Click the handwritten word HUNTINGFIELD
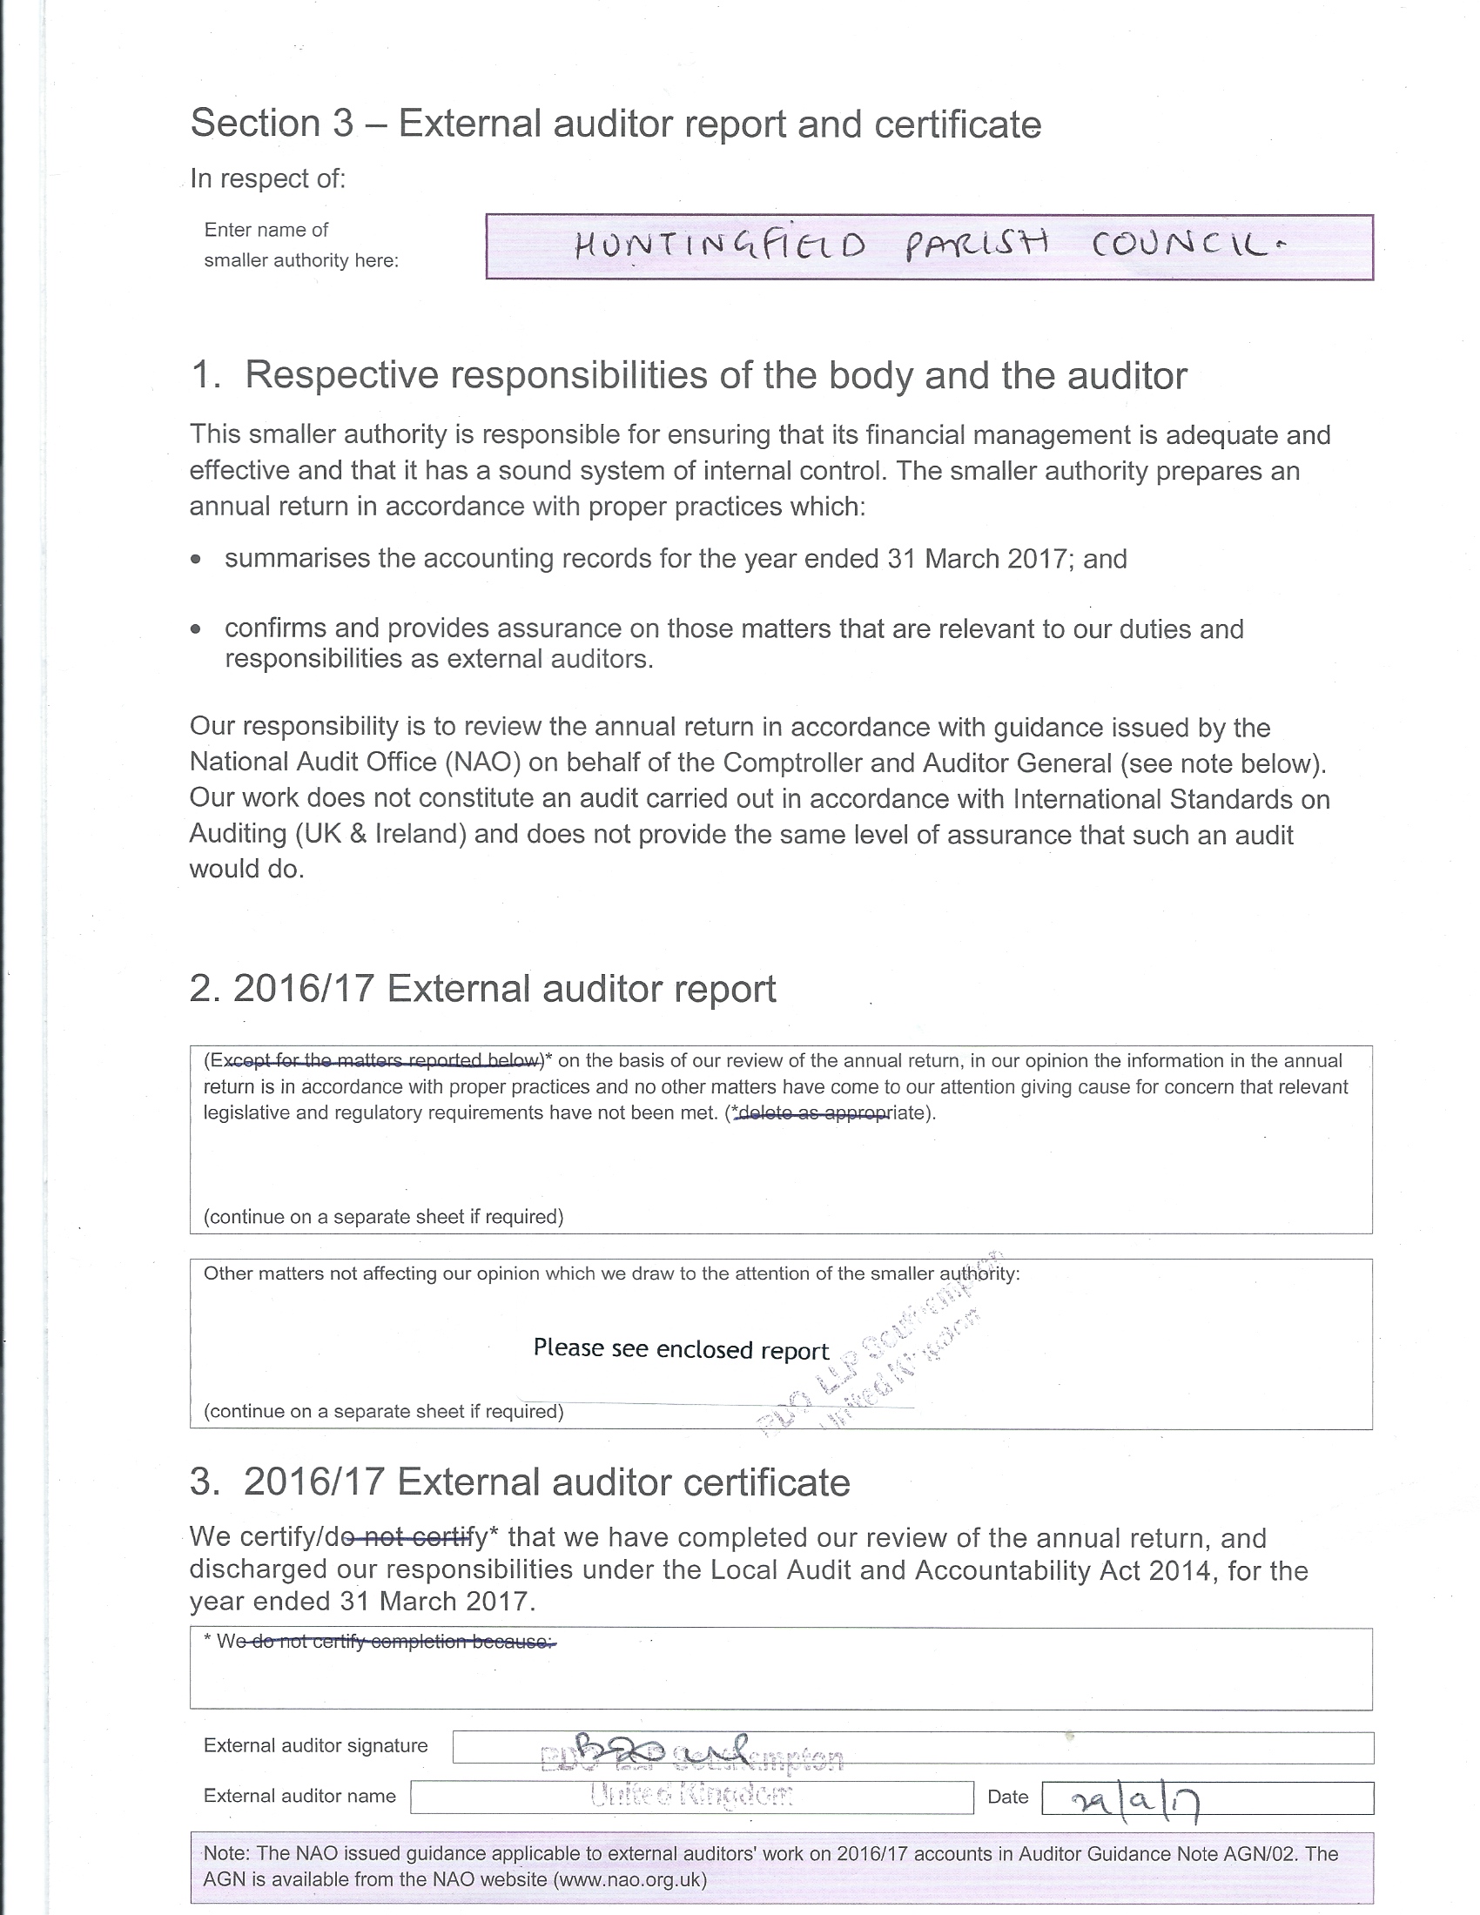coord(720,246)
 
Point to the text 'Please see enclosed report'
coord(681,1348)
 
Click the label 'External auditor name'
coord(299,1796)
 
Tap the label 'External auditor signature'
coord(316,1745)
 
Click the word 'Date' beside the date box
coord(1007,1797)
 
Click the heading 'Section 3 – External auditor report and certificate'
coord(616,124)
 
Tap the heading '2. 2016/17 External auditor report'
coord(482,989)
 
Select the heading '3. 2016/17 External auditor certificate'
coord(520,1482)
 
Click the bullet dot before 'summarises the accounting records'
coord(197,559)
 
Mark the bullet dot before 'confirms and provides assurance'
coord(197,628)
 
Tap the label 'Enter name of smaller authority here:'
coord(300,245)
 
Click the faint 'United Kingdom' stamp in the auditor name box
coord(691,1797)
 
